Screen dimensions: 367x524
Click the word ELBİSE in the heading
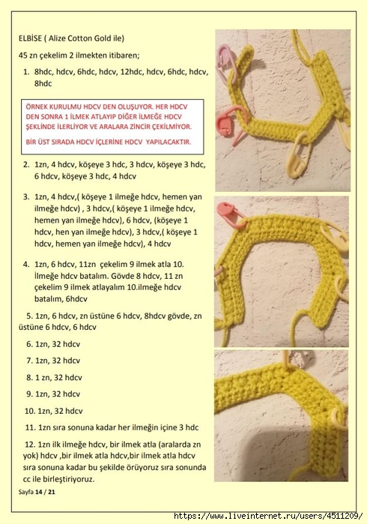coord(30,38)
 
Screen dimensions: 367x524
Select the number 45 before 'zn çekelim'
coord(23,55)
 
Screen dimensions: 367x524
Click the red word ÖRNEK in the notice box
coord(37,107)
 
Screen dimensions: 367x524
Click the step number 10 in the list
coord(28,411)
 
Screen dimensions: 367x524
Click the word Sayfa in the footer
coord(26,492)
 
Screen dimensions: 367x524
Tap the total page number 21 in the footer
coord(51,492)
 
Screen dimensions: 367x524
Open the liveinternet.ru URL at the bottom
coord(268,516)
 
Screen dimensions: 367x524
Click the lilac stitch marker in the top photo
coord(227,61)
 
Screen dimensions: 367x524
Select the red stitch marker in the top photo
coord(231,123)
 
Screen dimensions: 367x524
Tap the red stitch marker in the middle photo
coord(230,213)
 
